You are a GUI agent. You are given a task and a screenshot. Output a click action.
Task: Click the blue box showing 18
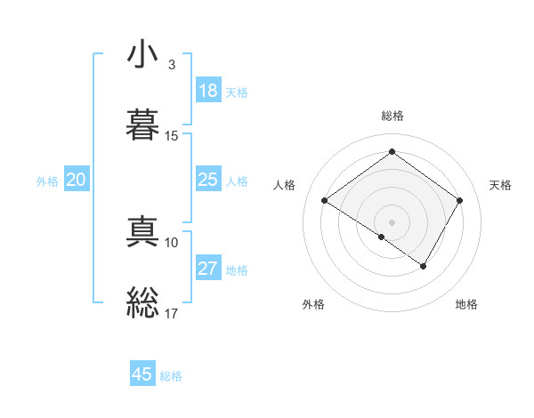coord(207,91)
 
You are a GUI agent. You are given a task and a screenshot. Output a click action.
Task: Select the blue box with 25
coord(207,180)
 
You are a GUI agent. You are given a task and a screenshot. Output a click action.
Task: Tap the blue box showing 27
coord(207,269)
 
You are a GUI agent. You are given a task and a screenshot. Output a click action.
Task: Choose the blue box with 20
coord(77,180)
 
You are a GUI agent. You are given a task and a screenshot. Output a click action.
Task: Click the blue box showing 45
coord(142,374)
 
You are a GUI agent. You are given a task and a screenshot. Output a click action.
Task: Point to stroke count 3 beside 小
coord(171,65)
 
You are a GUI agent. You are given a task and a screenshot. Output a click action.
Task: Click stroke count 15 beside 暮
coord(171,136)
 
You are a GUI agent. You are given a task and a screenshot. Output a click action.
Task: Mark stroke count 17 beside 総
coord(171,313)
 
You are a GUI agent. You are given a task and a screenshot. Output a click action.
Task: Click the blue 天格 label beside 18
coord(236,92)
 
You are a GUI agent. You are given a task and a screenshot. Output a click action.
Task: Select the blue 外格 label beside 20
coord(47,181)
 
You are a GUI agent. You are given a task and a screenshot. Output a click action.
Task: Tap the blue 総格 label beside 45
coord(171,376)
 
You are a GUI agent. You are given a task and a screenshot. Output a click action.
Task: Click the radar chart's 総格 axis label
coord(392,116)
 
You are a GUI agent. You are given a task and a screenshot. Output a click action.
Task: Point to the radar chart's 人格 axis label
coord(285,185)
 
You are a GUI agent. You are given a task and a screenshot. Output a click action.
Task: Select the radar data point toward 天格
coord(459,201)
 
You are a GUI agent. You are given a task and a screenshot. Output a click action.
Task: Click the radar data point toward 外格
coord(382,237)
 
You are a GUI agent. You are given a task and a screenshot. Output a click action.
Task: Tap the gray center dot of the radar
coord(392,221)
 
